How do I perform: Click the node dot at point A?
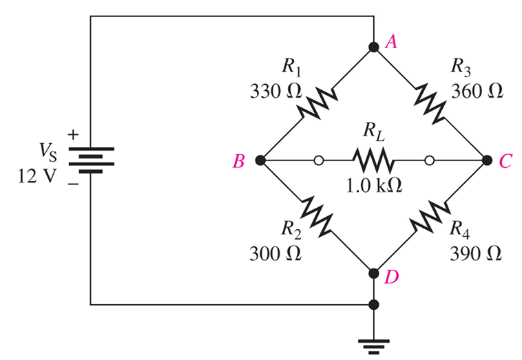tap(374, 47)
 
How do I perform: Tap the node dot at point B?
tap(260, 160)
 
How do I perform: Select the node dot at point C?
tap(487, 160)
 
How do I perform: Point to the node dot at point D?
tap(374, 273)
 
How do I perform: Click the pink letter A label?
tap(391, 42)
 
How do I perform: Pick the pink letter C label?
tap(505, 162)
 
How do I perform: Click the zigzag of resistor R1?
tap(318, 103)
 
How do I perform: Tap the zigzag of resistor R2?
tap(316, 216)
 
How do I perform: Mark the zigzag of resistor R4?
tap(430, 216)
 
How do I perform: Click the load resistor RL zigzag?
tap(374, 160)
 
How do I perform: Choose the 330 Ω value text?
tap(275, 91)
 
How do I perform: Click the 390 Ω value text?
tap(476, 253)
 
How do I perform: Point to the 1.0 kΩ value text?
tap(374, 186)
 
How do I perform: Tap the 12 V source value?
tap(36, 176)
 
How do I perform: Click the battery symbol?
tap(91, 160)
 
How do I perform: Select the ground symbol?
tap(374, 347)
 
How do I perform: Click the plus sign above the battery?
tap(73, 135)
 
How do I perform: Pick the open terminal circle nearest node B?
tap(319, 160)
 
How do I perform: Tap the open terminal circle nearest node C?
tap(430, 160)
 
